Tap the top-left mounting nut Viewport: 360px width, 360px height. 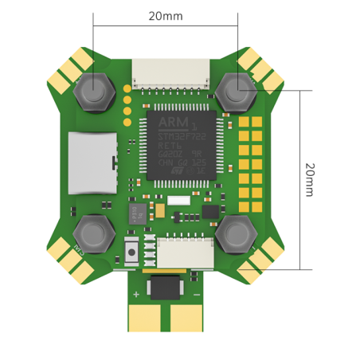(93, 92)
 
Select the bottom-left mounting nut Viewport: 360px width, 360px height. (93, 235)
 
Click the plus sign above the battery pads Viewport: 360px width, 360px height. (136, 295)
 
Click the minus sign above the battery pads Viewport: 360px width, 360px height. (196, 295)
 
